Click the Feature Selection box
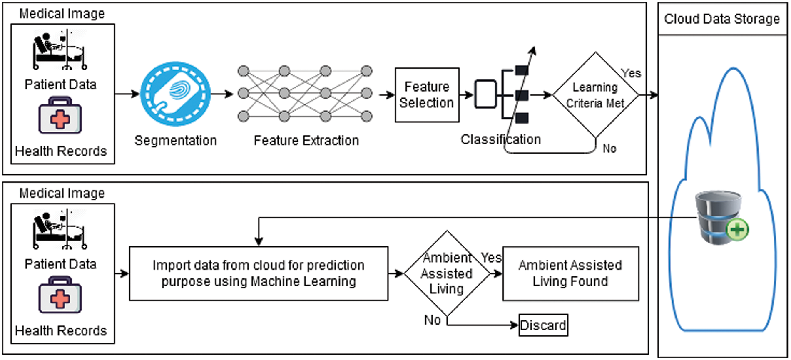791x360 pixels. pyautogui.click(x=427, y=95)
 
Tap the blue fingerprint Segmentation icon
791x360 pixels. pyautogui.click(x=175, y=94)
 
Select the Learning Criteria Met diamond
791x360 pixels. pyautogui.click(x=595, y=95)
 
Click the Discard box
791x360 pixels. pyautogui.click(x=543, y=325)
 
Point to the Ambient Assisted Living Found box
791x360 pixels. pyautogui.click(x=570, y=273)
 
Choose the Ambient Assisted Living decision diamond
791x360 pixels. pyautogui.click(x=447, y=273)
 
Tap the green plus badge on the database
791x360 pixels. pyautogui.click(x=737, y=229)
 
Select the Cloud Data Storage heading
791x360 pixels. pyautogui.click(x=722, y=19)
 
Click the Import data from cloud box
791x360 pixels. pyautogui.click(x=259, y=273)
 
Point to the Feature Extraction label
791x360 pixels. pyautogui.click(x=306, y=141)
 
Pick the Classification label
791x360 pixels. pyautogui.click(x=500, y=139)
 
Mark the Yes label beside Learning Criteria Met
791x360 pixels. pyautogui.click(x=631, y=73)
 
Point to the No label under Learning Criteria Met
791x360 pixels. pyautogui.click(x=609, y=149)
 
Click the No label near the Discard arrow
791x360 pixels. pyautogui.click(x=432, y=320)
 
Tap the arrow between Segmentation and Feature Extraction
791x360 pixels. pyautogui.click(x=222, y=94)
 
